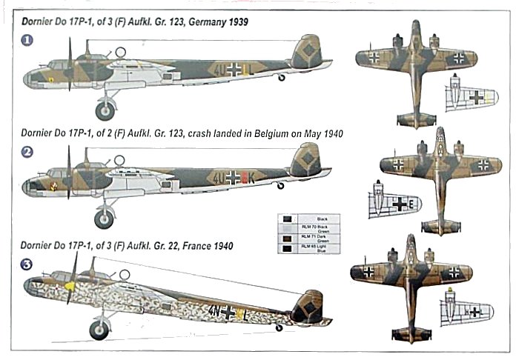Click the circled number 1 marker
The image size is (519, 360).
(27, 41)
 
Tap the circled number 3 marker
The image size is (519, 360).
(27, 262)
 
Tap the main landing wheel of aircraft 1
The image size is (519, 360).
(104, 109)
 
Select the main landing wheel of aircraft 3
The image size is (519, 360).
(99, 328)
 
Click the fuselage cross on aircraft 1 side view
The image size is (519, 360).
(235, 70)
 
